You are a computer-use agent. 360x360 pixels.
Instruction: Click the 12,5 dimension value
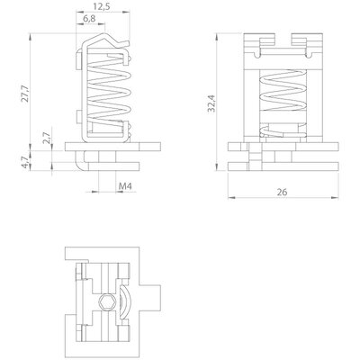point(103,6)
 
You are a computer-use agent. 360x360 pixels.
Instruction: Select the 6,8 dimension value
point(89,19)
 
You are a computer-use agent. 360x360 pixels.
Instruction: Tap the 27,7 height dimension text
point(25,94)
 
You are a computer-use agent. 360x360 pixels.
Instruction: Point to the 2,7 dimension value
point(46,138)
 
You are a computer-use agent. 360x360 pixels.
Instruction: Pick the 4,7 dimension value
point(25,162)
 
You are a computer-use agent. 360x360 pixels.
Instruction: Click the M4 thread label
point(125,186)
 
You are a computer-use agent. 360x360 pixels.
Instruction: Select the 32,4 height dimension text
point(211,103)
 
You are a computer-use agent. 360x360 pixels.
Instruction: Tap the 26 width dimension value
point(282,192)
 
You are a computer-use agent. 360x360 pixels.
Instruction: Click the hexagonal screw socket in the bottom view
point(106,301)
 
